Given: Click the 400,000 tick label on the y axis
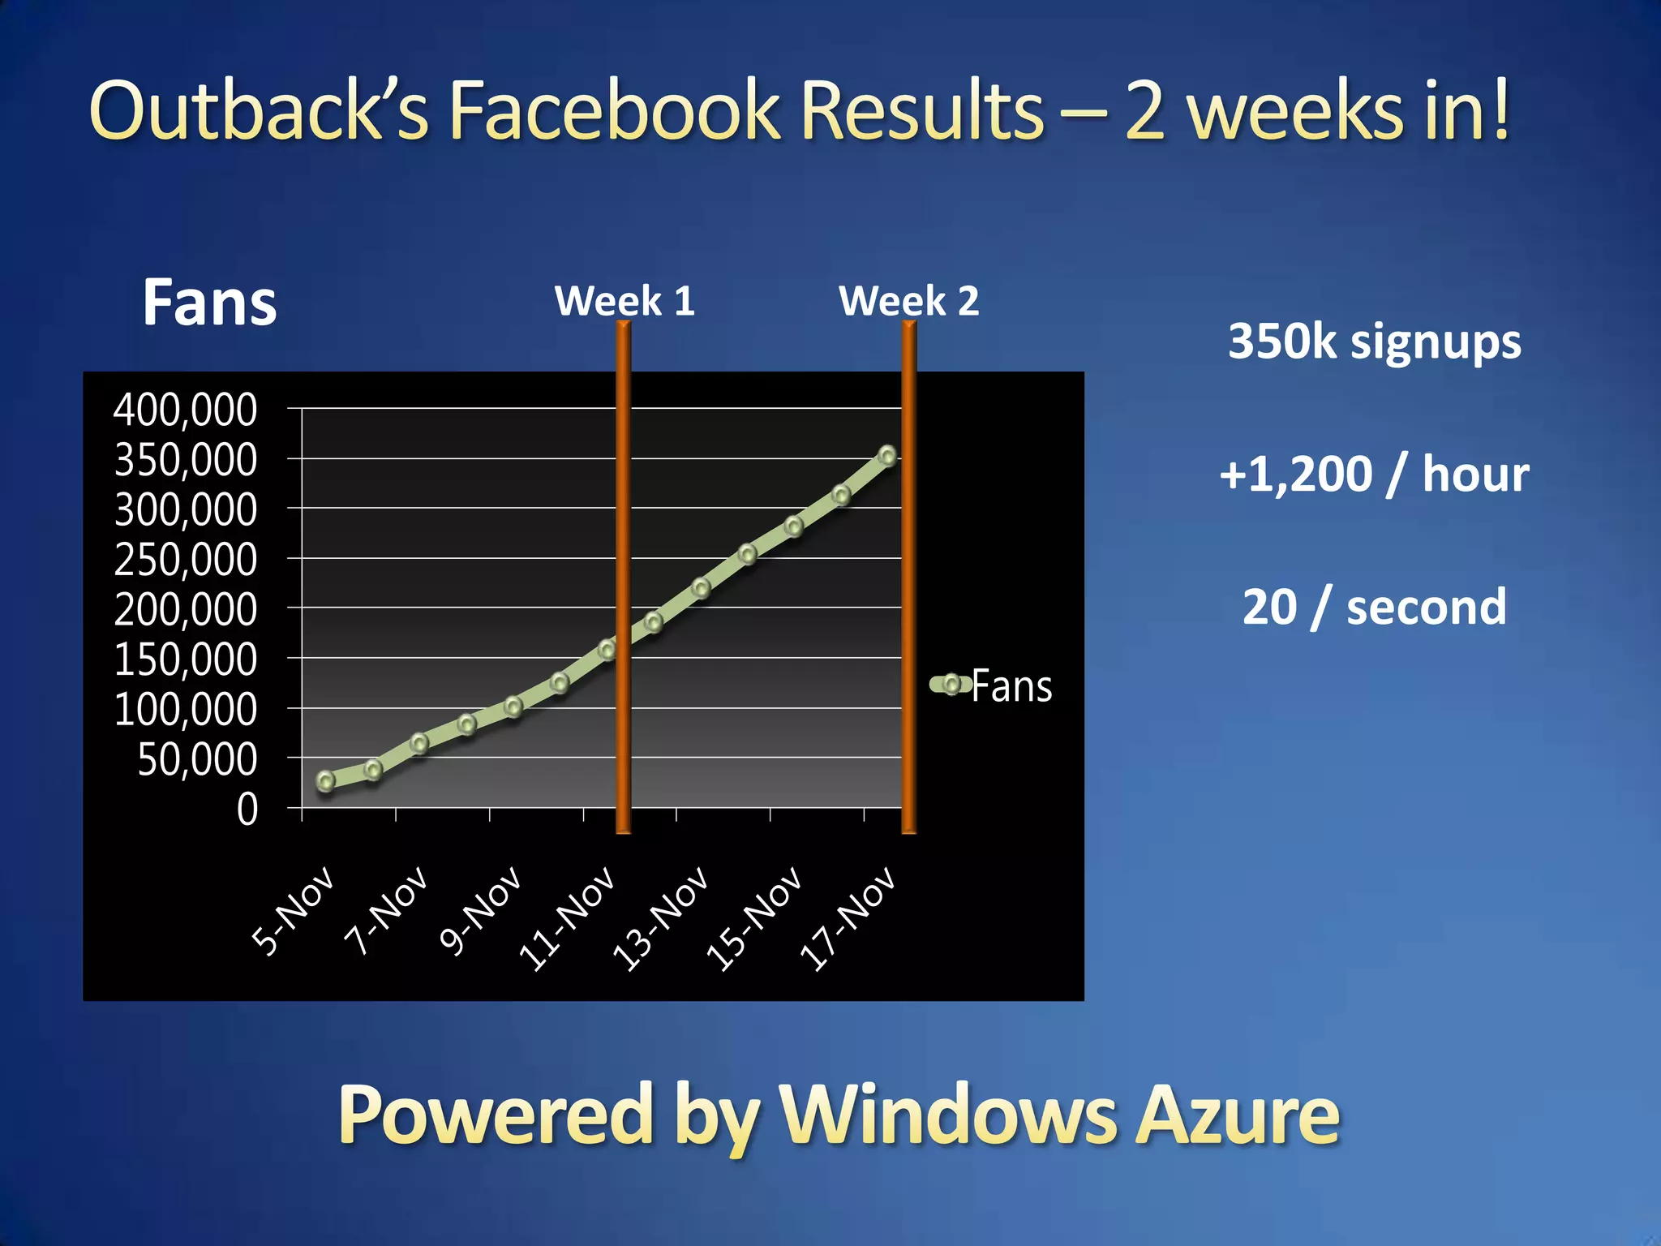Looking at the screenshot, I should coord(185,410).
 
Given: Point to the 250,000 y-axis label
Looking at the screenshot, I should coord(185,561).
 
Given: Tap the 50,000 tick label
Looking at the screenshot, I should coord(197,761).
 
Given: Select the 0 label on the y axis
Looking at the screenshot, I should coord(247,810).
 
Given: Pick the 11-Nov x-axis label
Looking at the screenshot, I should coord(568,918).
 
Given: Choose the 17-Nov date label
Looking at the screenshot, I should coord(848,918).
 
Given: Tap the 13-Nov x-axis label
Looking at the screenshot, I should coord(661,918).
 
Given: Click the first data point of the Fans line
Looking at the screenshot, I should coord(326,781).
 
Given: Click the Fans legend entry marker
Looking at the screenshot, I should coord(951,685).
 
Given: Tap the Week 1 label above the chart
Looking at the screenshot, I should coord(624,302).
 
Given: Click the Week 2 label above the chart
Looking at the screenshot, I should coord(909,302).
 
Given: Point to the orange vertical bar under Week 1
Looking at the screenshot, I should coord(623,576).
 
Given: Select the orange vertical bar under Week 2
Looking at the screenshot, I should coord(909,576).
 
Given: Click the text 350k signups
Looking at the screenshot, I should coord(1375,342).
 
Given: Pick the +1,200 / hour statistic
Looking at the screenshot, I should coord(1375,475).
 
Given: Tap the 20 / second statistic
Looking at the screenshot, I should coord(1375,607).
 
